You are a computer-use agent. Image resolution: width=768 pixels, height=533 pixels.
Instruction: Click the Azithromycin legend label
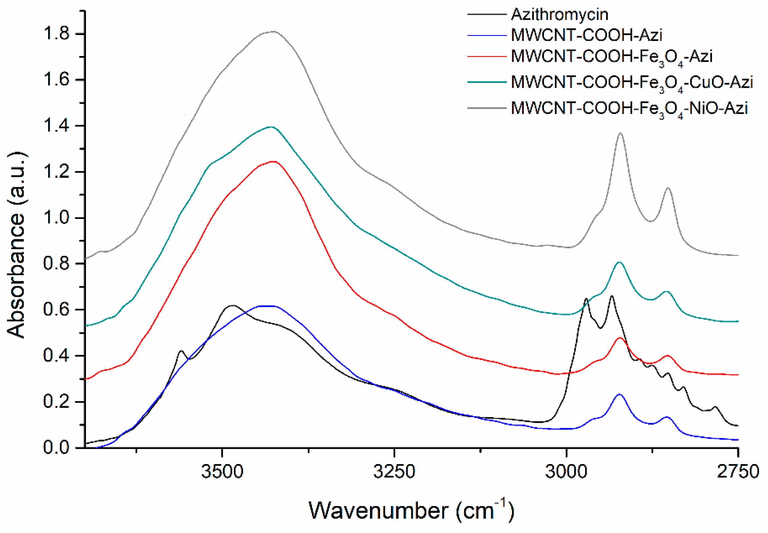click(x=559, y=14)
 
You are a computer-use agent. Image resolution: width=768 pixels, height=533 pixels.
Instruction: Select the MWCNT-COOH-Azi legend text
click(x=586, y=35)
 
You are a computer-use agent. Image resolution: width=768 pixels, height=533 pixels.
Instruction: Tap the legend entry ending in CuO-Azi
click(x=632, y=83)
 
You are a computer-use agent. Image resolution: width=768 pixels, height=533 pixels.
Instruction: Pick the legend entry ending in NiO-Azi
click(x=629, y=108)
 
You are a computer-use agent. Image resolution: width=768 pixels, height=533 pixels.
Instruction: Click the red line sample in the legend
click(x=486, y=56)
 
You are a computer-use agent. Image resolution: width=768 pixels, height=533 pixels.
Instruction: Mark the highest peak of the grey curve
click(x=273, y=32)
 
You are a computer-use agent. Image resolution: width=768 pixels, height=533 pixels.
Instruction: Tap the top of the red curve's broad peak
click(x=274, y=162)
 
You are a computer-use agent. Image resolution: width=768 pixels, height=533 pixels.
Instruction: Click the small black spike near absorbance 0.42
click(x=181, y=351)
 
